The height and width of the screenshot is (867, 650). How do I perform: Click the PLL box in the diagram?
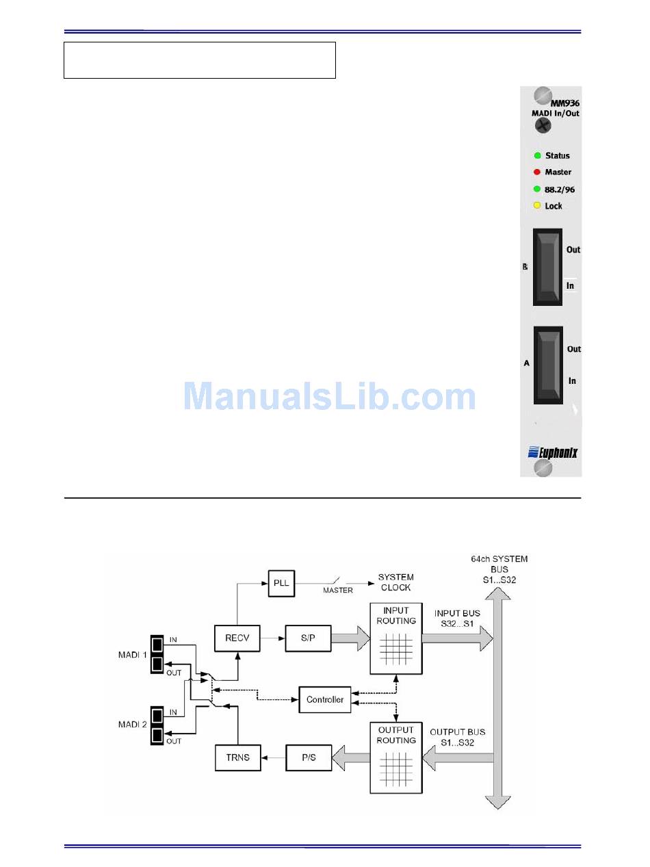coord(281,583)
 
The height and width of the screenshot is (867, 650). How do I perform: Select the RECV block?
coord(237,638)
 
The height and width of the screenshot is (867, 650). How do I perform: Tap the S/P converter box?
coord(308,638)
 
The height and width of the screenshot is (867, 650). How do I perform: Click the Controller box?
coord(325,699)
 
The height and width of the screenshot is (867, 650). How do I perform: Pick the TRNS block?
coord(237,758)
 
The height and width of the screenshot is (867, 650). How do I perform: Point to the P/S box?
coord(309,758)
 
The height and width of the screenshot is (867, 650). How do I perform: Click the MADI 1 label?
coord(132,654)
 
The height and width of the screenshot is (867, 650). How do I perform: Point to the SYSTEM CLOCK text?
coord(395,582)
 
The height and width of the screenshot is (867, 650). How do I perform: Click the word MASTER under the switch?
coord(338,591)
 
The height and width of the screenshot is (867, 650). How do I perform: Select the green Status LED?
coord(537,155)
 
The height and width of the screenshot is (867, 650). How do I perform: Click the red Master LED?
coord(537,172)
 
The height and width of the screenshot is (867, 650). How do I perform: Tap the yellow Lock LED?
coord(537,205)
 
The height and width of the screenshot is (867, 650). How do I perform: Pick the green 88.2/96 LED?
coord(537,189)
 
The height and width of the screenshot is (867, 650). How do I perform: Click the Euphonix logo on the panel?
coord(553,452)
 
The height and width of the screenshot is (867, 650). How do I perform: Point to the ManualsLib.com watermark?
coord(329,396)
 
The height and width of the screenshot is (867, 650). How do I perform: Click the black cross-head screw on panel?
coord(543,125)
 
